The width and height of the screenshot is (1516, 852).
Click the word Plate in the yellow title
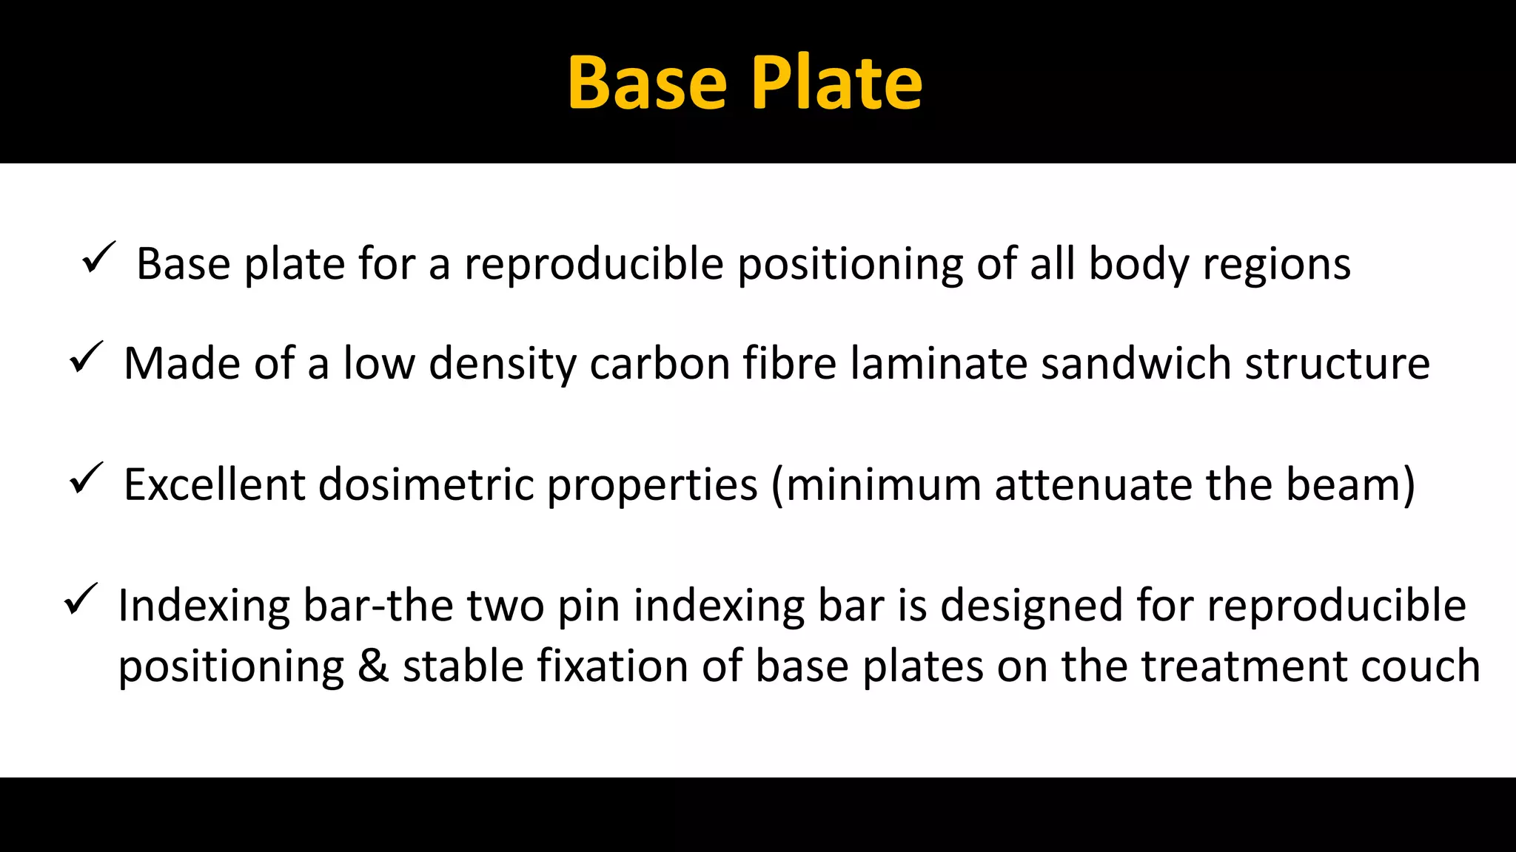(836, 84)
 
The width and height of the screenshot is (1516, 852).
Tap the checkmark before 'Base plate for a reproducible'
(98, 257)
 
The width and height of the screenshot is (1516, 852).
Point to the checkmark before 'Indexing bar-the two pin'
(81, 599)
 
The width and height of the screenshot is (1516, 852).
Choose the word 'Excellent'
(215, 485)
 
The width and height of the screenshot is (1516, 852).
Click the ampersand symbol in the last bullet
(373, 667)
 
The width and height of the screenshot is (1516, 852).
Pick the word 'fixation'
(612, 667)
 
